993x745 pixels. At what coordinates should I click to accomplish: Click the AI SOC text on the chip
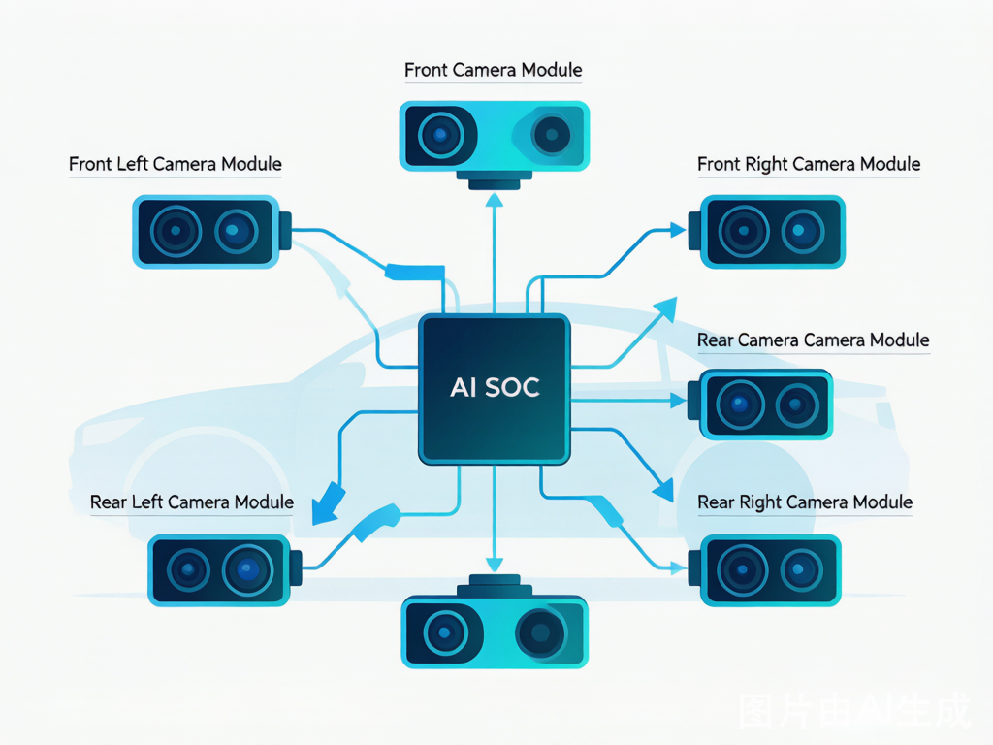[495, 387]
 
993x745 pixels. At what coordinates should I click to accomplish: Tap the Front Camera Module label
[494, 70]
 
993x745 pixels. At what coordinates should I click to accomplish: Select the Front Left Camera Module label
[176, 164]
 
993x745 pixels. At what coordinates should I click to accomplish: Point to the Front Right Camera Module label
[809, 164]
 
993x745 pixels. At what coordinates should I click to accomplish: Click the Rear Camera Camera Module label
[814, 340]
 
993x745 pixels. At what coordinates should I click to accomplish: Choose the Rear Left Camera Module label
[192, 502]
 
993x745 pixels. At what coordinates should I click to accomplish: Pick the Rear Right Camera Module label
[805, 502]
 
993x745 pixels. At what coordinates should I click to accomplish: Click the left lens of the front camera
[439, 135]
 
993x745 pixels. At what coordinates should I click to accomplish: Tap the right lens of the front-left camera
[236, 231]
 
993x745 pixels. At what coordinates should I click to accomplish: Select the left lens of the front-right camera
[744, 231]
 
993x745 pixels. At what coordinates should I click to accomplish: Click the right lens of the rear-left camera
[247, 569]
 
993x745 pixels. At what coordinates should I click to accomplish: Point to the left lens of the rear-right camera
[742, 569]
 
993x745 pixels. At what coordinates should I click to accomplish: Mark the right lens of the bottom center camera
[540, 632]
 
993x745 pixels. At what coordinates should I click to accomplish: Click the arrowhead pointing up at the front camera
[495, 200]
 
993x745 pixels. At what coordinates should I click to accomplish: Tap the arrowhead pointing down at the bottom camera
[495, 565]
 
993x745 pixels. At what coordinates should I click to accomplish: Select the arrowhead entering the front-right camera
[678, 229]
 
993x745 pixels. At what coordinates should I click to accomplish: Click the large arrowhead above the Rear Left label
[328, 504]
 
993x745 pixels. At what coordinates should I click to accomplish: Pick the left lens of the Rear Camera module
[740, 405]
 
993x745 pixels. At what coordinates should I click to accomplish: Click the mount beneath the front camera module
[495, 179]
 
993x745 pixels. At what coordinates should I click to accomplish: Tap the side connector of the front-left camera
[285, 231]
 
